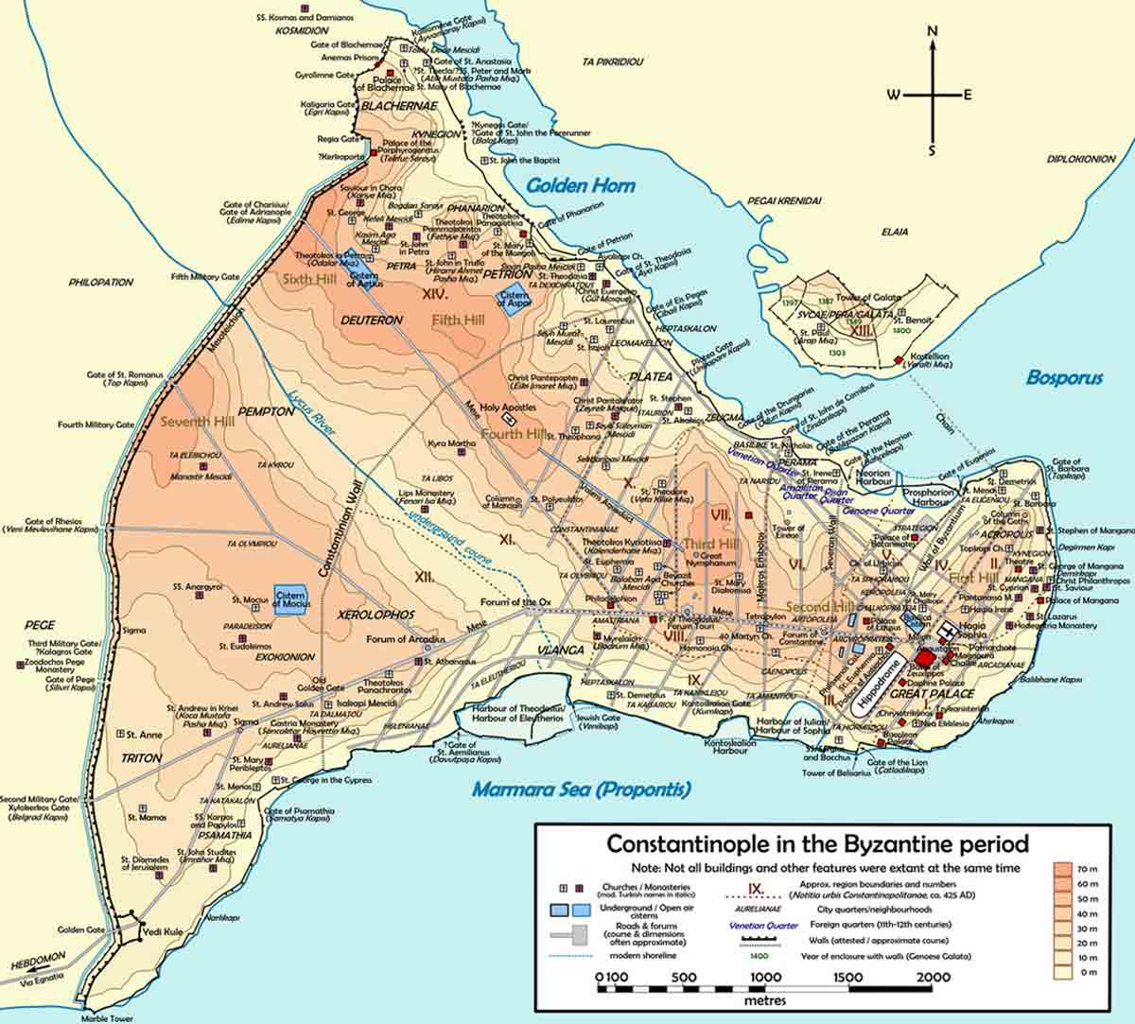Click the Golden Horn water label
(581, 185)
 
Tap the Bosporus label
(1064, 378)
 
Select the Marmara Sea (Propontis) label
(582, 790)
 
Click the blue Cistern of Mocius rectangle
(290, 599)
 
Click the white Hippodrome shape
(876, 680)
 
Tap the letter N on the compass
(933, 30)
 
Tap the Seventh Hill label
(198, 421)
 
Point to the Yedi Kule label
(155, 931)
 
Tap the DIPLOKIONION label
(1081, 159)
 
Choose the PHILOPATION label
(101, 282)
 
